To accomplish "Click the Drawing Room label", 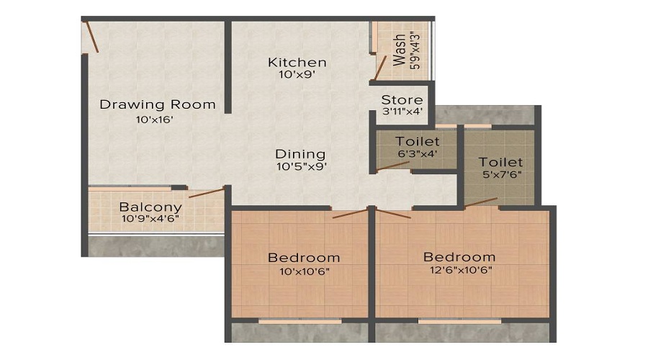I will [x=157, y=104].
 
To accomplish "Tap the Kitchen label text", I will [x=297, y=62].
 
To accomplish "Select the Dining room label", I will [x=300, y=154].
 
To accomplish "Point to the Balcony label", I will [x=150, y=207].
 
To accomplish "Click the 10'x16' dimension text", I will [x=155, y=120].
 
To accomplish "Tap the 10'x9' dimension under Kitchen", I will [x=297, y=74].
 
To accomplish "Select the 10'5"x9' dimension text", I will [x=301, y=166].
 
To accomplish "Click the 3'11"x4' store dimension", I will [x=402, y=112].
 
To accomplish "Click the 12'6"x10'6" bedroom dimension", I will [x=460, y=271].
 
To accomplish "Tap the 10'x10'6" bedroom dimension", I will [x=303, y=271].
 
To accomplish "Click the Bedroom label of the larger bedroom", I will [x=459, y=257].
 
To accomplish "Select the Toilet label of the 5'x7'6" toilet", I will [x=501, y=163].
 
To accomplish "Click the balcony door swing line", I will [x=206, y=193].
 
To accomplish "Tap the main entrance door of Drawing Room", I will [x=91, y=36].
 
